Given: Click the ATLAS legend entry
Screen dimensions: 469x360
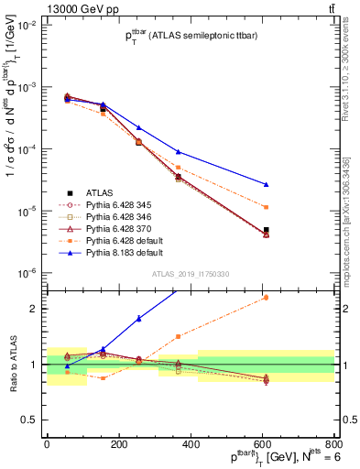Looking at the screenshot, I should (99, 192).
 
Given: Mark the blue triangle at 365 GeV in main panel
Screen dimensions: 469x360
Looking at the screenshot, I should (179, 151).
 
